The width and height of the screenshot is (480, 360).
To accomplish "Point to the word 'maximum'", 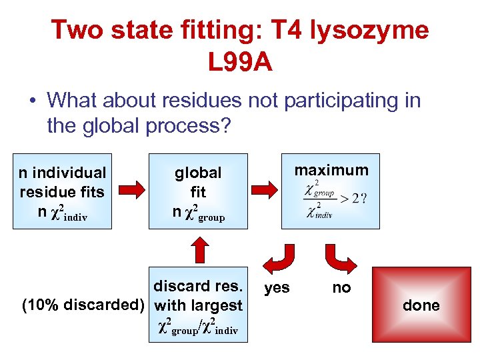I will (x=331, y=170).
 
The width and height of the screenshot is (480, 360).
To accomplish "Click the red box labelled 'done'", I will (x=421, y=305).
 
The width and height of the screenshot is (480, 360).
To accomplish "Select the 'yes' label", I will (x=277, y=287).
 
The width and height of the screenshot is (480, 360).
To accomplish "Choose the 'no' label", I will (x=342, y=287).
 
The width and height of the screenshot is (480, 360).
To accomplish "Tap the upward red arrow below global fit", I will (x=198, y=253).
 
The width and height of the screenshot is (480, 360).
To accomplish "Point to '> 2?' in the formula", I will (x=353, y=199).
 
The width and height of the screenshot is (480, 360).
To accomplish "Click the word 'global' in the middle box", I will (x=198, y=173).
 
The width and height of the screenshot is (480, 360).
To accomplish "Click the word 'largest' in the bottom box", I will (x=217, y=305).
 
